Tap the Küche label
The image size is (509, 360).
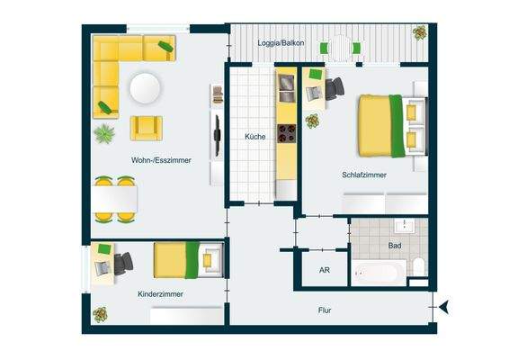(254, 136)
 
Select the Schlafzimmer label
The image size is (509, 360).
(363, 175)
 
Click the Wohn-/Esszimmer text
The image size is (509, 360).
(160, 160)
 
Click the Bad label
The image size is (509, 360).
(395, 244)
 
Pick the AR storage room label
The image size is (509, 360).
(325, 270)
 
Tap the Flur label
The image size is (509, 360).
(325, 310)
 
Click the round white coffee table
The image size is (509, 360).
(145, 87)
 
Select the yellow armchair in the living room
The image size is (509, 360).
(146, 128)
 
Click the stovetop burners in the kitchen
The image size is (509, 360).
(286, 134)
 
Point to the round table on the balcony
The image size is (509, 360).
(339, 47)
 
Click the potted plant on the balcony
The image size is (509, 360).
(419, 32)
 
